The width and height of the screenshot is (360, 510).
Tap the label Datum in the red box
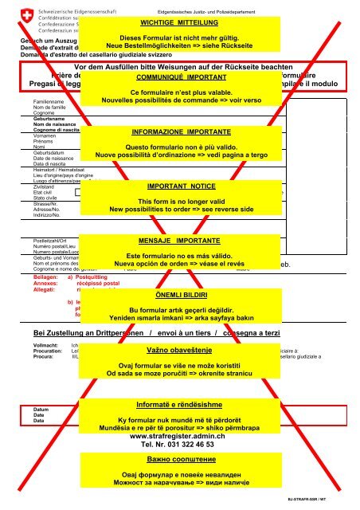[38, 410]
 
